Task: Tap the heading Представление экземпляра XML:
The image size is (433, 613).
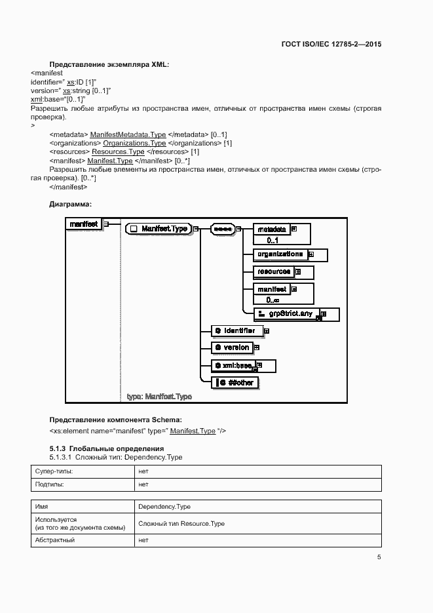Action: coord(109,64)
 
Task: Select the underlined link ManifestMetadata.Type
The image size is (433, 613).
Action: coord(128,134)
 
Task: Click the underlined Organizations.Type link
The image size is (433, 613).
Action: coord(134,143)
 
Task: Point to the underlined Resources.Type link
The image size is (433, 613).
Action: coord(118,151)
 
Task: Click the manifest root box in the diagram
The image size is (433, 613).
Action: coord(84,224)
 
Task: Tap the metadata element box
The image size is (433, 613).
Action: coord(271,230)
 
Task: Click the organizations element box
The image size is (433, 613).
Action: coord(280,254)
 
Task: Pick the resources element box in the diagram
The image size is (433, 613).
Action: coord(274,271)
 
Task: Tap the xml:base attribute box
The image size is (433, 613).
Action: coord(233,365)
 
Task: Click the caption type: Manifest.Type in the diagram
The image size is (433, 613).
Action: coord(159,397)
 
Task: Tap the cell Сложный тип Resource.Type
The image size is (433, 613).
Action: coord(181,524)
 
